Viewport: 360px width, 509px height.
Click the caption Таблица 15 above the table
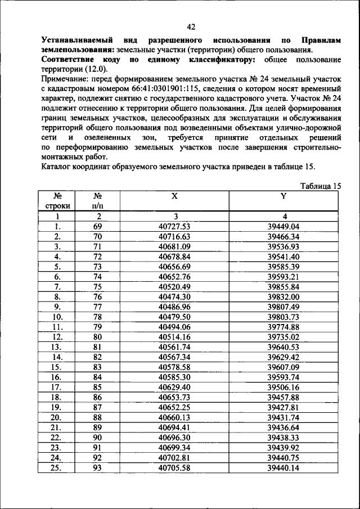(321, 186)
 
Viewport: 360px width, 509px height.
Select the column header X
(174, 196)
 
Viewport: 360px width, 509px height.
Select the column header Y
(283, 196)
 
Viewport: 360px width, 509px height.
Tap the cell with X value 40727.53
(175, 227)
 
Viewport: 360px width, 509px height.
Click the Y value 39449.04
(283, 227)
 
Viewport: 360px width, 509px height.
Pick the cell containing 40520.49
(175, 287)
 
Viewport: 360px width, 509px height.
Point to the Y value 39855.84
(283, 287)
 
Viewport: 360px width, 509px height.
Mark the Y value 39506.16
(283, 388)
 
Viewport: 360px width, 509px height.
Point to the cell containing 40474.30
(175, 297)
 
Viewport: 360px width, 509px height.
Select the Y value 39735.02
(283, 337)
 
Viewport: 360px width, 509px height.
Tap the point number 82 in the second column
(97, 357)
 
